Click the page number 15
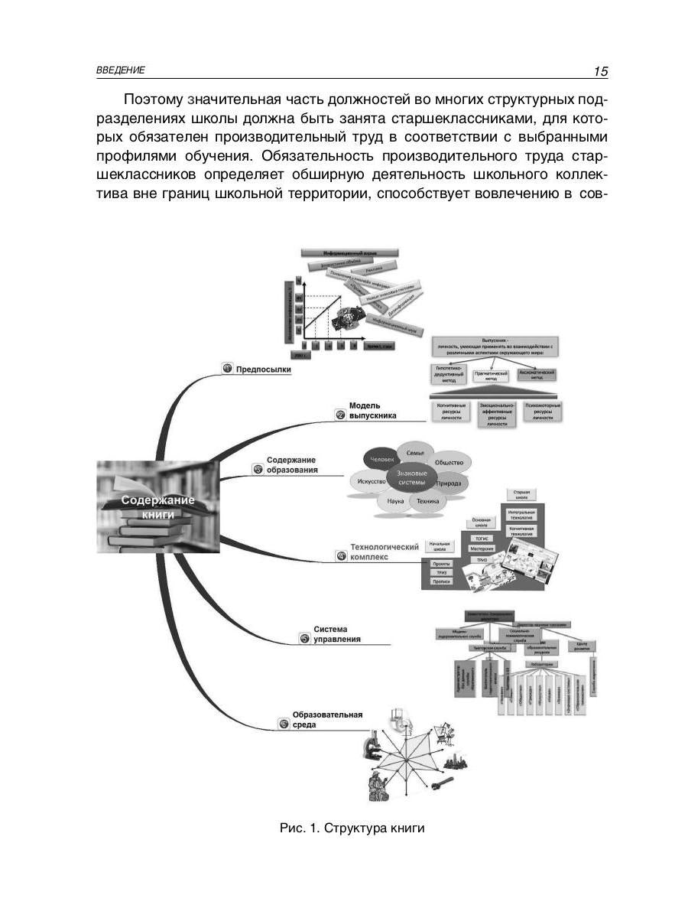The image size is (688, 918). (x=600, y=71)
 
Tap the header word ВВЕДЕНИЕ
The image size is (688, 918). (x=121, y=70)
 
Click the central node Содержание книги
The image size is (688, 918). (x=158, y=506)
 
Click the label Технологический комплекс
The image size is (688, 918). (x=385, y=552)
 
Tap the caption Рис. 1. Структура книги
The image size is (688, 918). (x=352, y=828)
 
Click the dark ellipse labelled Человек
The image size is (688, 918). (x=382, y=460)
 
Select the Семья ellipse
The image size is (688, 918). (x=415, y=454)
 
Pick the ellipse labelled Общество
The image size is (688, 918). (x=449, y=463)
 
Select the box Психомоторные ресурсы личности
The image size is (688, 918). (x=543, y=412)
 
